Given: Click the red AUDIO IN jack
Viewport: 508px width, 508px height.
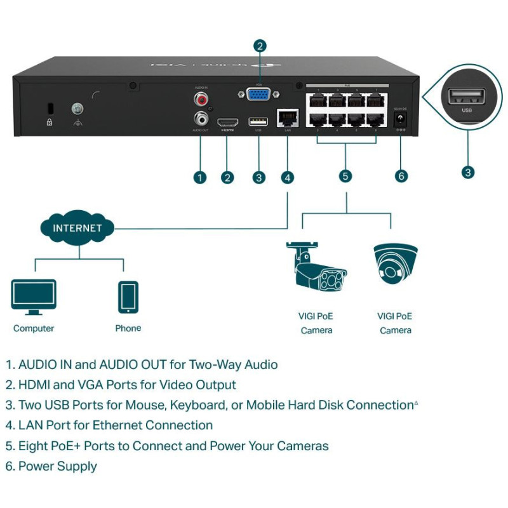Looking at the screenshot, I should pos(202,99).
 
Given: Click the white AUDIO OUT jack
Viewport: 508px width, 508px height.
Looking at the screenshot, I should pos(202,118).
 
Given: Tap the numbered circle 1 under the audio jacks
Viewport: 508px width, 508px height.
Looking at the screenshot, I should pos(200,177).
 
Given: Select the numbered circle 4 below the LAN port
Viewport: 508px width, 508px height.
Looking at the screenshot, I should pos(288,177).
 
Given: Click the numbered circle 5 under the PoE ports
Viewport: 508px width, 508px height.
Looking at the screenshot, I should pos(345,176).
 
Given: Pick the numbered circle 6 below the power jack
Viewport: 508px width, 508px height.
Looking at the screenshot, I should pos(401,176).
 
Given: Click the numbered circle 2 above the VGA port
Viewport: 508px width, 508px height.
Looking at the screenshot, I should pos(259,45).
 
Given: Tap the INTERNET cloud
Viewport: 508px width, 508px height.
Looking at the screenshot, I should pos(77,228).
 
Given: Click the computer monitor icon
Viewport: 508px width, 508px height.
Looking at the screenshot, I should pos(34,297).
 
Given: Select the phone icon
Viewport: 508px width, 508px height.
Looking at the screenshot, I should pos(128,297).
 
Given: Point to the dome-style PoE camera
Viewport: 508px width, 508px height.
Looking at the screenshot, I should pos(395,263).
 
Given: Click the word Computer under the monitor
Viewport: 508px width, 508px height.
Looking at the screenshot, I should pos(34,328).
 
